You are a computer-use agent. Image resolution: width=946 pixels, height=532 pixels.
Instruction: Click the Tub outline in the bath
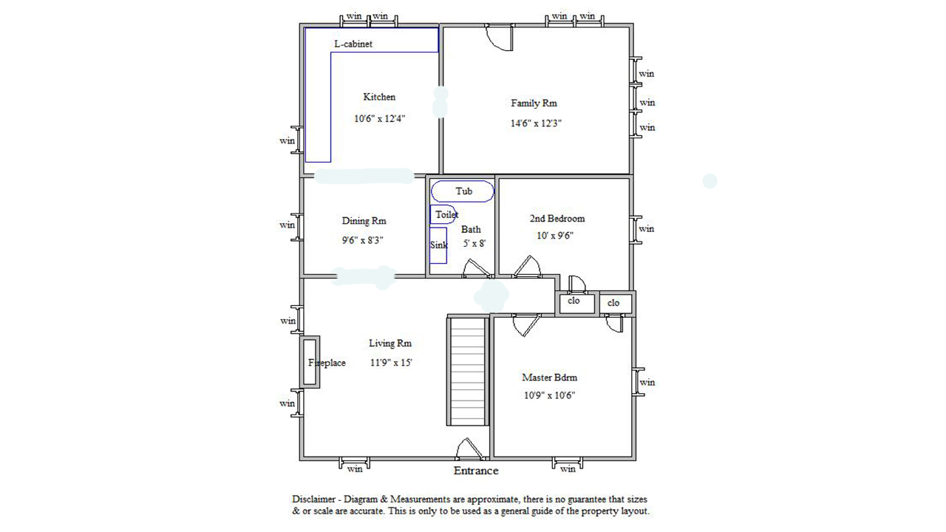click(463, 182)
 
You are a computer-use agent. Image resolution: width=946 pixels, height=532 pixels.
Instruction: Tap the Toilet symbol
click(431, 214)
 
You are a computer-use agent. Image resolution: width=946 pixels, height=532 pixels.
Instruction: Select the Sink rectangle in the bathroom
click(430, 245)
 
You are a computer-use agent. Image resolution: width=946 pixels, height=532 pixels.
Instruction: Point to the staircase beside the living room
click(468, 371)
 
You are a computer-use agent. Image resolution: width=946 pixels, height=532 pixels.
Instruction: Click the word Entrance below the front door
click(476, 471)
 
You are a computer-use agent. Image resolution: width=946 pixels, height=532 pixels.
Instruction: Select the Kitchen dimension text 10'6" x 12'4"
click(380, 119)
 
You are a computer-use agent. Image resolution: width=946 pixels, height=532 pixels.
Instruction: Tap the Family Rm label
click(534, 103)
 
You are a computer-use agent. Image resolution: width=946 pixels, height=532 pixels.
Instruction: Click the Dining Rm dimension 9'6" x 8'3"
click(363, 240)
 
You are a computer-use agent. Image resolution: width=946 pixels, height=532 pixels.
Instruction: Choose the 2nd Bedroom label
click(557, 218)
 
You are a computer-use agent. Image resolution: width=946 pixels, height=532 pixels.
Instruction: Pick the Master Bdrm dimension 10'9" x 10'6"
click(549, 395)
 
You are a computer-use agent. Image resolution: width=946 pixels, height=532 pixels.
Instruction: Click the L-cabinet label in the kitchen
click(353, 44)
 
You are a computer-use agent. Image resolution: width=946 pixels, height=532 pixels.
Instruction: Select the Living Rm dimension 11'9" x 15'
click(391, 362)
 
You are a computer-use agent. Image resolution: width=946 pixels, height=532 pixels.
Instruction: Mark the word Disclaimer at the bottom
click(313, 499)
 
